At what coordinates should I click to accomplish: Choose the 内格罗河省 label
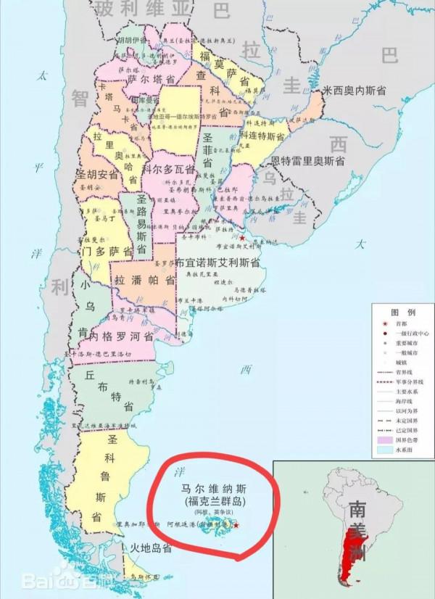pos(121,336)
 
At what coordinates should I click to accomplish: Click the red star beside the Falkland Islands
pos(236,524)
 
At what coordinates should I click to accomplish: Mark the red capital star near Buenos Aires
pos(242,238)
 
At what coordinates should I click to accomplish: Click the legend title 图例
pos(402,311)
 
